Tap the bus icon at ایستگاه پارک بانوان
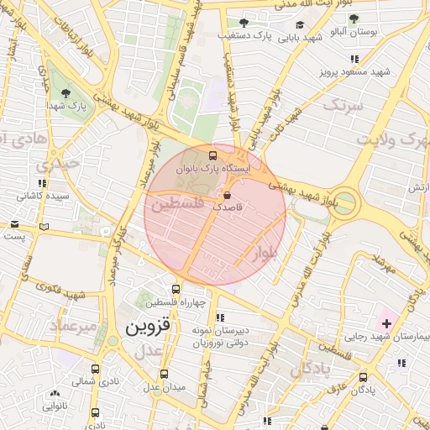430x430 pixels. click(x=212, y=156)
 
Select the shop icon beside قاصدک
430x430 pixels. click(x=228, y=195)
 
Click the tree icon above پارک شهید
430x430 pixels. click(x=66, y=93)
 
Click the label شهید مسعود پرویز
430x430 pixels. click(x=356, y=73)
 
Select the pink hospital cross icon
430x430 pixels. click(x=385, y=322)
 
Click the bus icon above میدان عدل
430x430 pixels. click(x=164, y=375)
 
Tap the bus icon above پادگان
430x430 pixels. click(x=363, y=377)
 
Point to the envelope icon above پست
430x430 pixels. click(x=14, y=223)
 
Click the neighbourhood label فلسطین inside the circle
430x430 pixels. click(x=176, y=203)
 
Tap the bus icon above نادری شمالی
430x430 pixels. click(x=95, y=368)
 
